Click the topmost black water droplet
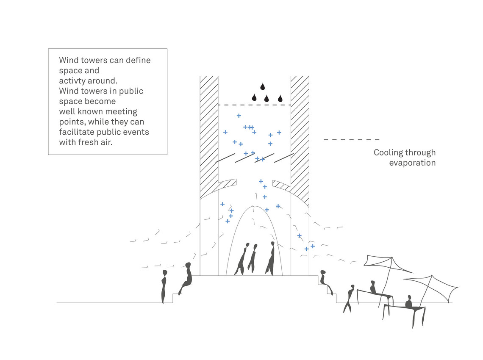coord(262,86)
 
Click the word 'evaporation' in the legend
coord(412,163)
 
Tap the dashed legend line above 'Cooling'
coord(352,140)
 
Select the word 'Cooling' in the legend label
coord(389,153)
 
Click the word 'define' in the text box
coord(138,60)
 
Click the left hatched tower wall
coord(209,136)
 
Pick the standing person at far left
coord(164,287)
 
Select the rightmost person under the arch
coord(270,258)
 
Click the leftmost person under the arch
coord(242,259)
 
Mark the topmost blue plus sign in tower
coord(239,116)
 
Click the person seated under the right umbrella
coord(408,302)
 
